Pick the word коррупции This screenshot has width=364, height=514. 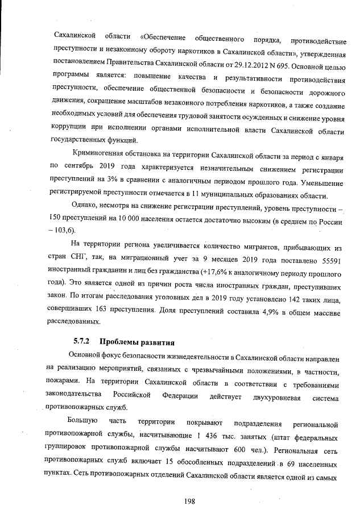click(71, 129)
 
